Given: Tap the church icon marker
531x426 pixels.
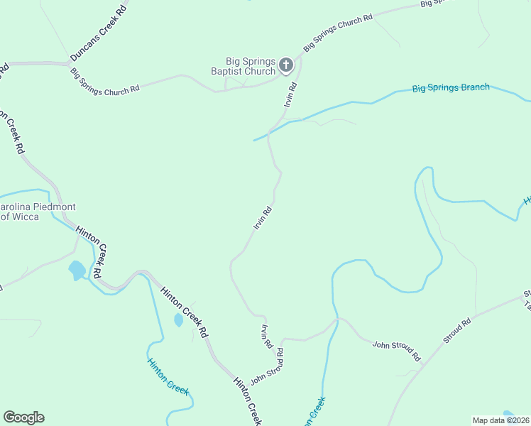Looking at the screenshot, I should tap(285, 66).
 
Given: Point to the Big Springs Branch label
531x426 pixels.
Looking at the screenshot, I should tap(451, 88).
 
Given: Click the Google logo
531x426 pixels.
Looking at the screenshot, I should tap(23, 417).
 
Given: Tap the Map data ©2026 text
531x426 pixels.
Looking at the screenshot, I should tap(500, 420).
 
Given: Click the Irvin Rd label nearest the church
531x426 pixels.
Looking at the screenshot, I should tap(290, 95).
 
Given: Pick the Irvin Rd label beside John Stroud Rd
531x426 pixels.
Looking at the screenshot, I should tap(267, 335).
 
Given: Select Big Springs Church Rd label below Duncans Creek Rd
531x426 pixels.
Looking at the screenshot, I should tap(104, 82).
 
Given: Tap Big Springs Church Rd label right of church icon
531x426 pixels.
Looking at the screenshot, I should tap(338, 33).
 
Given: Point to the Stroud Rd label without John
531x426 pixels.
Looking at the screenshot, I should tap(457, 332).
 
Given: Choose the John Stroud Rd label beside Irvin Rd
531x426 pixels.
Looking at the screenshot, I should tap(267, 364).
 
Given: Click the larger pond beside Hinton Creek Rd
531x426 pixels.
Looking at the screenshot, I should tap(77, 270).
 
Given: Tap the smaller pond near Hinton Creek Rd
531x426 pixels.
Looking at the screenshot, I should tap(178, 320).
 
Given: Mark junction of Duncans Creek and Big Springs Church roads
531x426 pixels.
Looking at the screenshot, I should tap(69, 63).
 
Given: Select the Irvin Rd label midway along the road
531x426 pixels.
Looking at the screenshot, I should tap(263, 217).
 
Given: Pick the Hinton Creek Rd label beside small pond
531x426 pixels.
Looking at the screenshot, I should tap(183, 312).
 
